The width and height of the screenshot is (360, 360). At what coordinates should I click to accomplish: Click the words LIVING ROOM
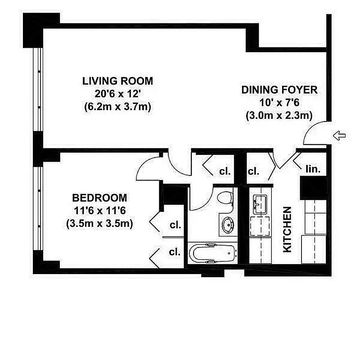click(x=117, y=81)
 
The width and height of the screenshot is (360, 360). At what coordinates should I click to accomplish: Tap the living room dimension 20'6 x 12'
click(x=117, y=94)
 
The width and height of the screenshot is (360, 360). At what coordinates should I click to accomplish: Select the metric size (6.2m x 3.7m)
click(x=117, y=107)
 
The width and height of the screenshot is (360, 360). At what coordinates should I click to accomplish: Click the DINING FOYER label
click(x=279, y=90)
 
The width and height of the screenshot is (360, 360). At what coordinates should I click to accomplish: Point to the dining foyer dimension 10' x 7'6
click(x=279, y=103)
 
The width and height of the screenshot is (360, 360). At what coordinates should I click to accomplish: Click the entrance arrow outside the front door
click(x=338, y=135)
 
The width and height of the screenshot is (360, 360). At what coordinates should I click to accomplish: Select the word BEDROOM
click(x=100, y=198)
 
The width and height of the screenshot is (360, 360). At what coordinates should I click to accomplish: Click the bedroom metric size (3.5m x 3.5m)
click(x=100, y=224)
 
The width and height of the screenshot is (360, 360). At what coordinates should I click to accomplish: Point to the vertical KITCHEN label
click(x=287, y=229)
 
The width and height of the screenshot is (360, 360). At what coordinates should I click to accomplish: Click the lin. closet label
click(x=313, y=170)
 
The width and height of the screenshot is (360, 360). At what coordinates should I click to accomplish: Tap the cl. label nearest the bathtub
click(x=175, y=252)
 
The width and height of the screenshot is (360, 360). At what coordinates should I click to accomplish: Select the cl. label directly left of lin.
click(x=254, y=171)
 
